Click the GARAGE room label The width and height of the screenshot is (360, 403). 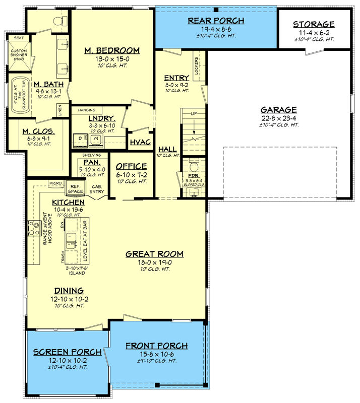(x=278, y=110)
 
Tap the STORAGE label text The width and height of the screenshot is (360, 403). (x=314, y=24)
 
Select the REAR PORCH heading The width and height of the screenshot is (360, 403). (x=216, y=21)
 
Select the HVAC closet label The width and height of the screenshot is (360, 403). (x=140, y=143)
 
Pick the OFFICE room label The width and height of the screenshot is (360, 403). (x=131, y=167)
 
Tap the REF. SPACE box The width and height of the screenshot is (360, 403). (x=76, y=188)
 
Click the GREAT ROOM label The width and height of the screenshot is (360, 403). (x=154, y=254)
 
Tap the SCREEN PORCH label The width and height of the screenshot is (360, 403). (x=61, y=352)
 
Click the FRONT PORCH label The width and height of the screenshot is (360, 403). (x=157, y=346)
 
